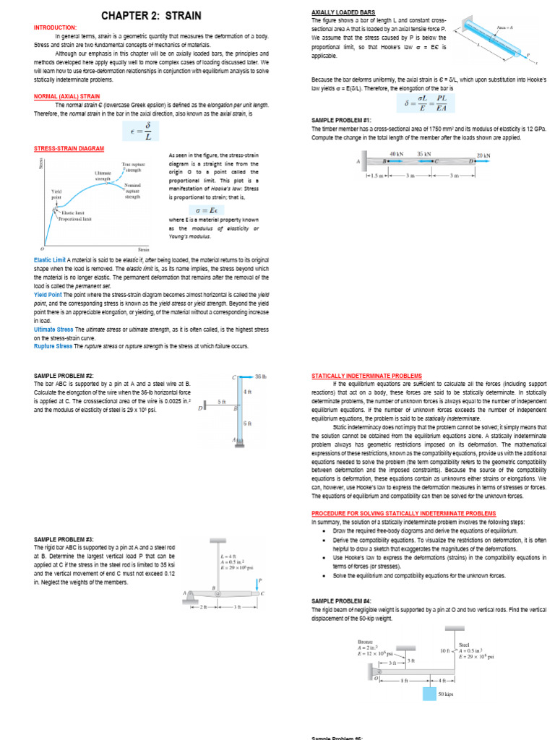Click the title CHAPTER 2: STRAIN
click(x=151, y=15)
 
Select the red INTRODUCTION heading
click(x=56, y=27)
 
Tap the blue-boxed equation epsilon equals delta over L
click(x=147, y=131)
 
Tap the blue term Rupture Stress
click(x=53, y=346)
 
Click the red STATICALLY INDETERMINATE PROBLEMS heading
click(x=366, y=376)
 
